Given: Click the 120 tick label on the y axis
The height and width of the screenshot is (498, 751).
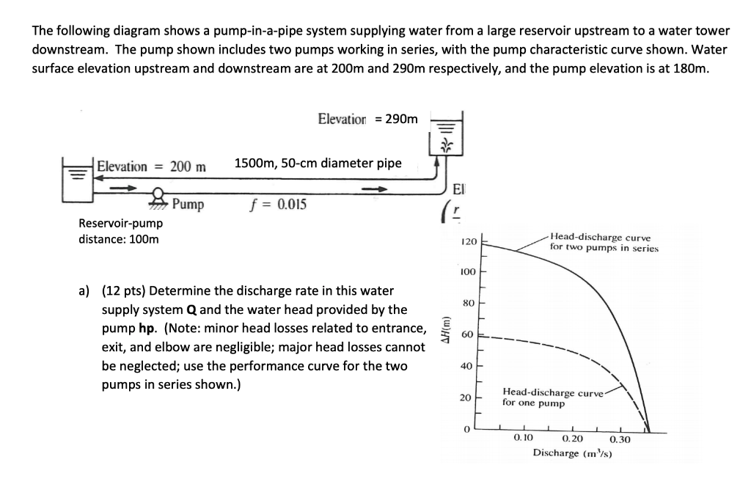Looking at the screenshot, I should [x=469, y=242].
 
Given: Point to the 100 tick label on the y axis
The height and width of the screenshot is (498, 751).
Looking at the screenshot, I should [x=468, y=272].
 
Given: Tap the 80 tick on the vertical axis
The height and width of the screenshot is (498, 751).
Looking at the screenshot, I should [x=469, y=303].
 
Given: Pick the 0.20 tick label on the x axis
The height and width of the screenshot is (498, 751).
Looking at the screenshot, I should [x=572, y=439].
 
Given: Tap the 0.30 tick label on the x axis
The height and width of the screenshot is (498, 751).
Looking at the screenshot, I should [x=620, y=439].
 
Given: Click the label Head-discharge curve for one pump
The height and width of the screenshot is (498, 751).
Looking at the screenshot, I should [x=552, y=398].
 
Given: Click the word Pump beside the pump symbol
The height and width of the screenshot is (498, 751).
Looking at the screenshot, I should [x=189, y=204].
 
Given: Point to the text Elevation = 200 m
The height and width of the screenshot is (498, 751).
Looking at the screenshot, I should [x=152, y=166].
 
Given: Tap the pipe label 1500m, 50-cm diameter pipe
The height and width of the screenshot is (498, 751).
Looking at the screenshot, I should [x=318, y=163].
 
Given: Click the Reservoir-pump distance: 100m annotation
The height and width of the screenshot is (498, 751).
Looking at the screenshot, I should [x=120, y=231].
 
